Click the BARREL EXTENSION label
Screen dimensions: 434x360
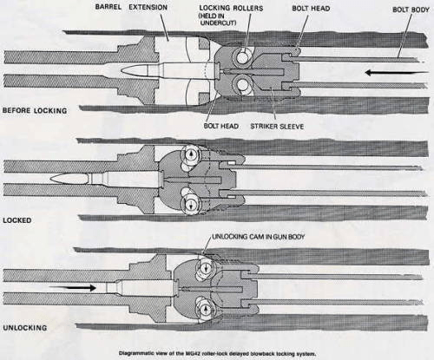(131, 7)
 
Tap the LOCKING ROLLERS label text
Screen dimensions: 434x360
(231, 8)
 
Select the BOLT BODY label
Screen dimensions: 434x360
(411, 10)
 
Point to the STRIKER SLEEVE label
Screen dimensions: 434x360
(277, 126)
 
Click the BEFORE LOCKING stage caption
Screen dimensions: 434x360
(35, 110)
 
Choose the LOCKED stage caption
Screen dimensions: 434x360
(17, 220)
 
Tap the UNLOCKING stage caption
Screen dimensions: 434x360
(24, 328)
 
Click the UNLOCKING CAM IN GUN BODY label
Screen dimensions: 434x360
(259, 237)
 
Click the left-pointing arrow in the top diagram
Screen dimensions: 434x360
(397, 72)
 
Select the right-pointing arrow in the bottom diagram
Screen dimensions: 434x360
(72, 288)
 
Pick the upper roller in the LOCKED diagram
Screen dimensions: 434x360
(190, 154)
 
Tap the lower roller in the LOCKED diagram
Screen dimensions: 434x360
(190, 204)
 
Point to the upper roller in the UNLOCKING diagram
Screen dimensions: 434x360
(205, 267)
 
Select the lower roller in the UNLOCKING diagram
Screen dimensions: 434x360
(205, 309)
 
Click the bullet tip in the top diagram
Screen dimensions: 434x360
(121, 71)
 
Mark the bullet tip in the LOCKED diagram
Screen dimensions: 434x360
(51, 179)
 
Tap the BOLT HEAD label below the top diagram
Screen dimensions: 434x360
(221, 126)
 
